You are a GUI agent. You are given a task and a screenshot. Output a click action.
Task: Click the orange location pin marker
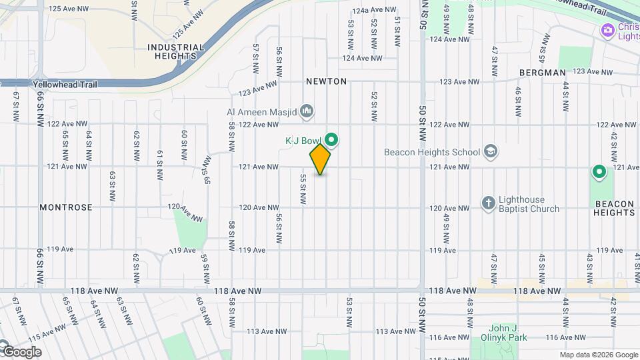(x=320, y=159)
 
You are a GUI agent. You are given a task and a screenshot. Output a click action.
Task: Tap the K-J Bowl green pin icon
(x=331, y=140)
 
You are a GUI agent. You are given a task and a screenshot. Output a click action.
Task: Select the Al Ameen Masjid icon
(x=307, y=111)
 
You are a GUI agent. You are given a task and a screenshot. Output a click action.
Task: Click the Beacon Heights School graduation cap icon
(x=491, y=151)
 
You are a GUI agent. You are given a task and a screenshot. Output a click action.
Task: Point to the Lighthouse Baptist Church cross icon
(x=488, y=203)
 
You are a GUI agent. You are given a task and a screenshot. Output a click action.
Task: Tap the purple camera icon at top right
(x=607, y=30)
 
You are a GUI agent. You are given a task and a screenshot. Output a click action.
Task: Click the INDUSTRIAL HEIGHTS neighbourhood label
(x=175, y=52)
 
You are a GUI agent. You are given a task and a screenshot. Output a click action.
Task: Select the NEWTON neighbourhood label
(x=327, y=81)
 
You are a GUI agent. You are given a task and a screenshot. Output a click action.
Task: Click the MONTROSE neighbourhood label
(x=66, y=207)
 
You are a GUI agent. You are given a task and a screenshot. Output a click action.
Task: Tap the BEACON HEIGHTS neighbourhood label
(x=615, y=208)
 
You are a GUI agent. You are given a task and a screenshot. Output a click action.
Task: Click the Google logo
(x=22, y=351)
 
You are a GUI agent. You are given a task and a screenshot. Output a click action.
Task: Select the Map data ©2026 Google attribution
(x=598, y=355)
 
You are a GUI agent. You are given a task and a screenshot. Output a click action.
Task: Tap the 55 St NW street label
(x=303, y=189)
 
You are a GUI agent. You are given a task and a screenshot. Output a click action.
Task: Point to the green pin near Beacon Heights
(x=599, y=173)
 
